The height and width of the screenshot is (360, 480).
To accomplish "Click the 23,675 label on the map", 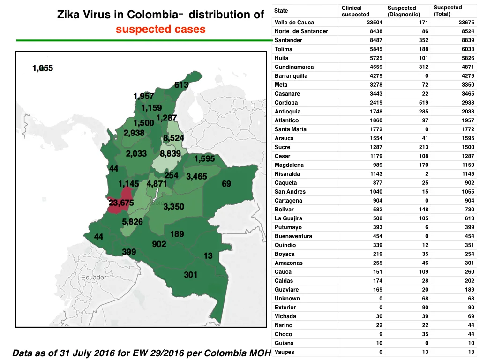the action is [121, 202].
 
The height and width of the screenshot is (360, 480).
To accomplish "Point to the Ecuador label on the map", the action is [94, 277].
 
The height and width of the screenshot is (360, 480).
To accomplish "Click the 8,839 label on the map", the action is [170, 153].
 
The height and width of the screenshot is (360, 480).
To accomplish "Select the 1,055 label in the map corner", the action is [43, 68].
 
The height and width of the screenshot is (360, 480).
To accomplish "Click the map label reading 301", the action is [190, 275].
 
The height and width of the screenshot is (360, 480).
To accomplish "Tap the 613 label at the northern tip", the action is [181, 85].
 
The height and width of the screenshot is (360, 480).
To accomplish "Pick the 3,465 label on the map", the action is [196, 176].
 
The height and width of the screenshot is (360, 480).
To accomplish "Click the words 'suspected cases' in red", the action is [161, 29].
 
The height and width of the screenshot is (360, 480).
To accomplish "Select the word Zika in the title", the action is [68, 15].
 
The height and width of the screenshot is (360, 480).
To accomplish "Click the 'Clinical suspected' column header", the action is [355, 11].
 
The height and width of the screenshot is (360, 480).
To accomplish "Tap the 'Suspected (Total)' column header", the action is [448, 11].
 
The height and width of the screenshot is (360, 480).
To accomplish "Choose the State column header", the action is [281, 11].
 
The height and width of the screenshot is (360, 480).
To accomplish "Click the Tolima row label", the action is [284, 49].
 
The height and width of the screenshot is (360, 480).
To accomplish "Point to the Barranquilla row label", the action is [291, 76].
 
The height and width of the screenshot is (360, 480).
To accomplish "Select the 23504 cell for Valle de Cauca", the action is [375, 22].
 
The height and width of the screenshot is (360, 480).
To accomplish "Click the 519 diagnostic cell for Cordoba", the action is [424, 103].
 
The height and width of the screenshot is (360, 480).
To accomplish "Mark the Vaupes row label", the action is [285, 352].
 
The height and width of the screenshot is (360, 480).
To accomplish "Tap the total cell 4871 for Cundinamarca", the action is [468, 67].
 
